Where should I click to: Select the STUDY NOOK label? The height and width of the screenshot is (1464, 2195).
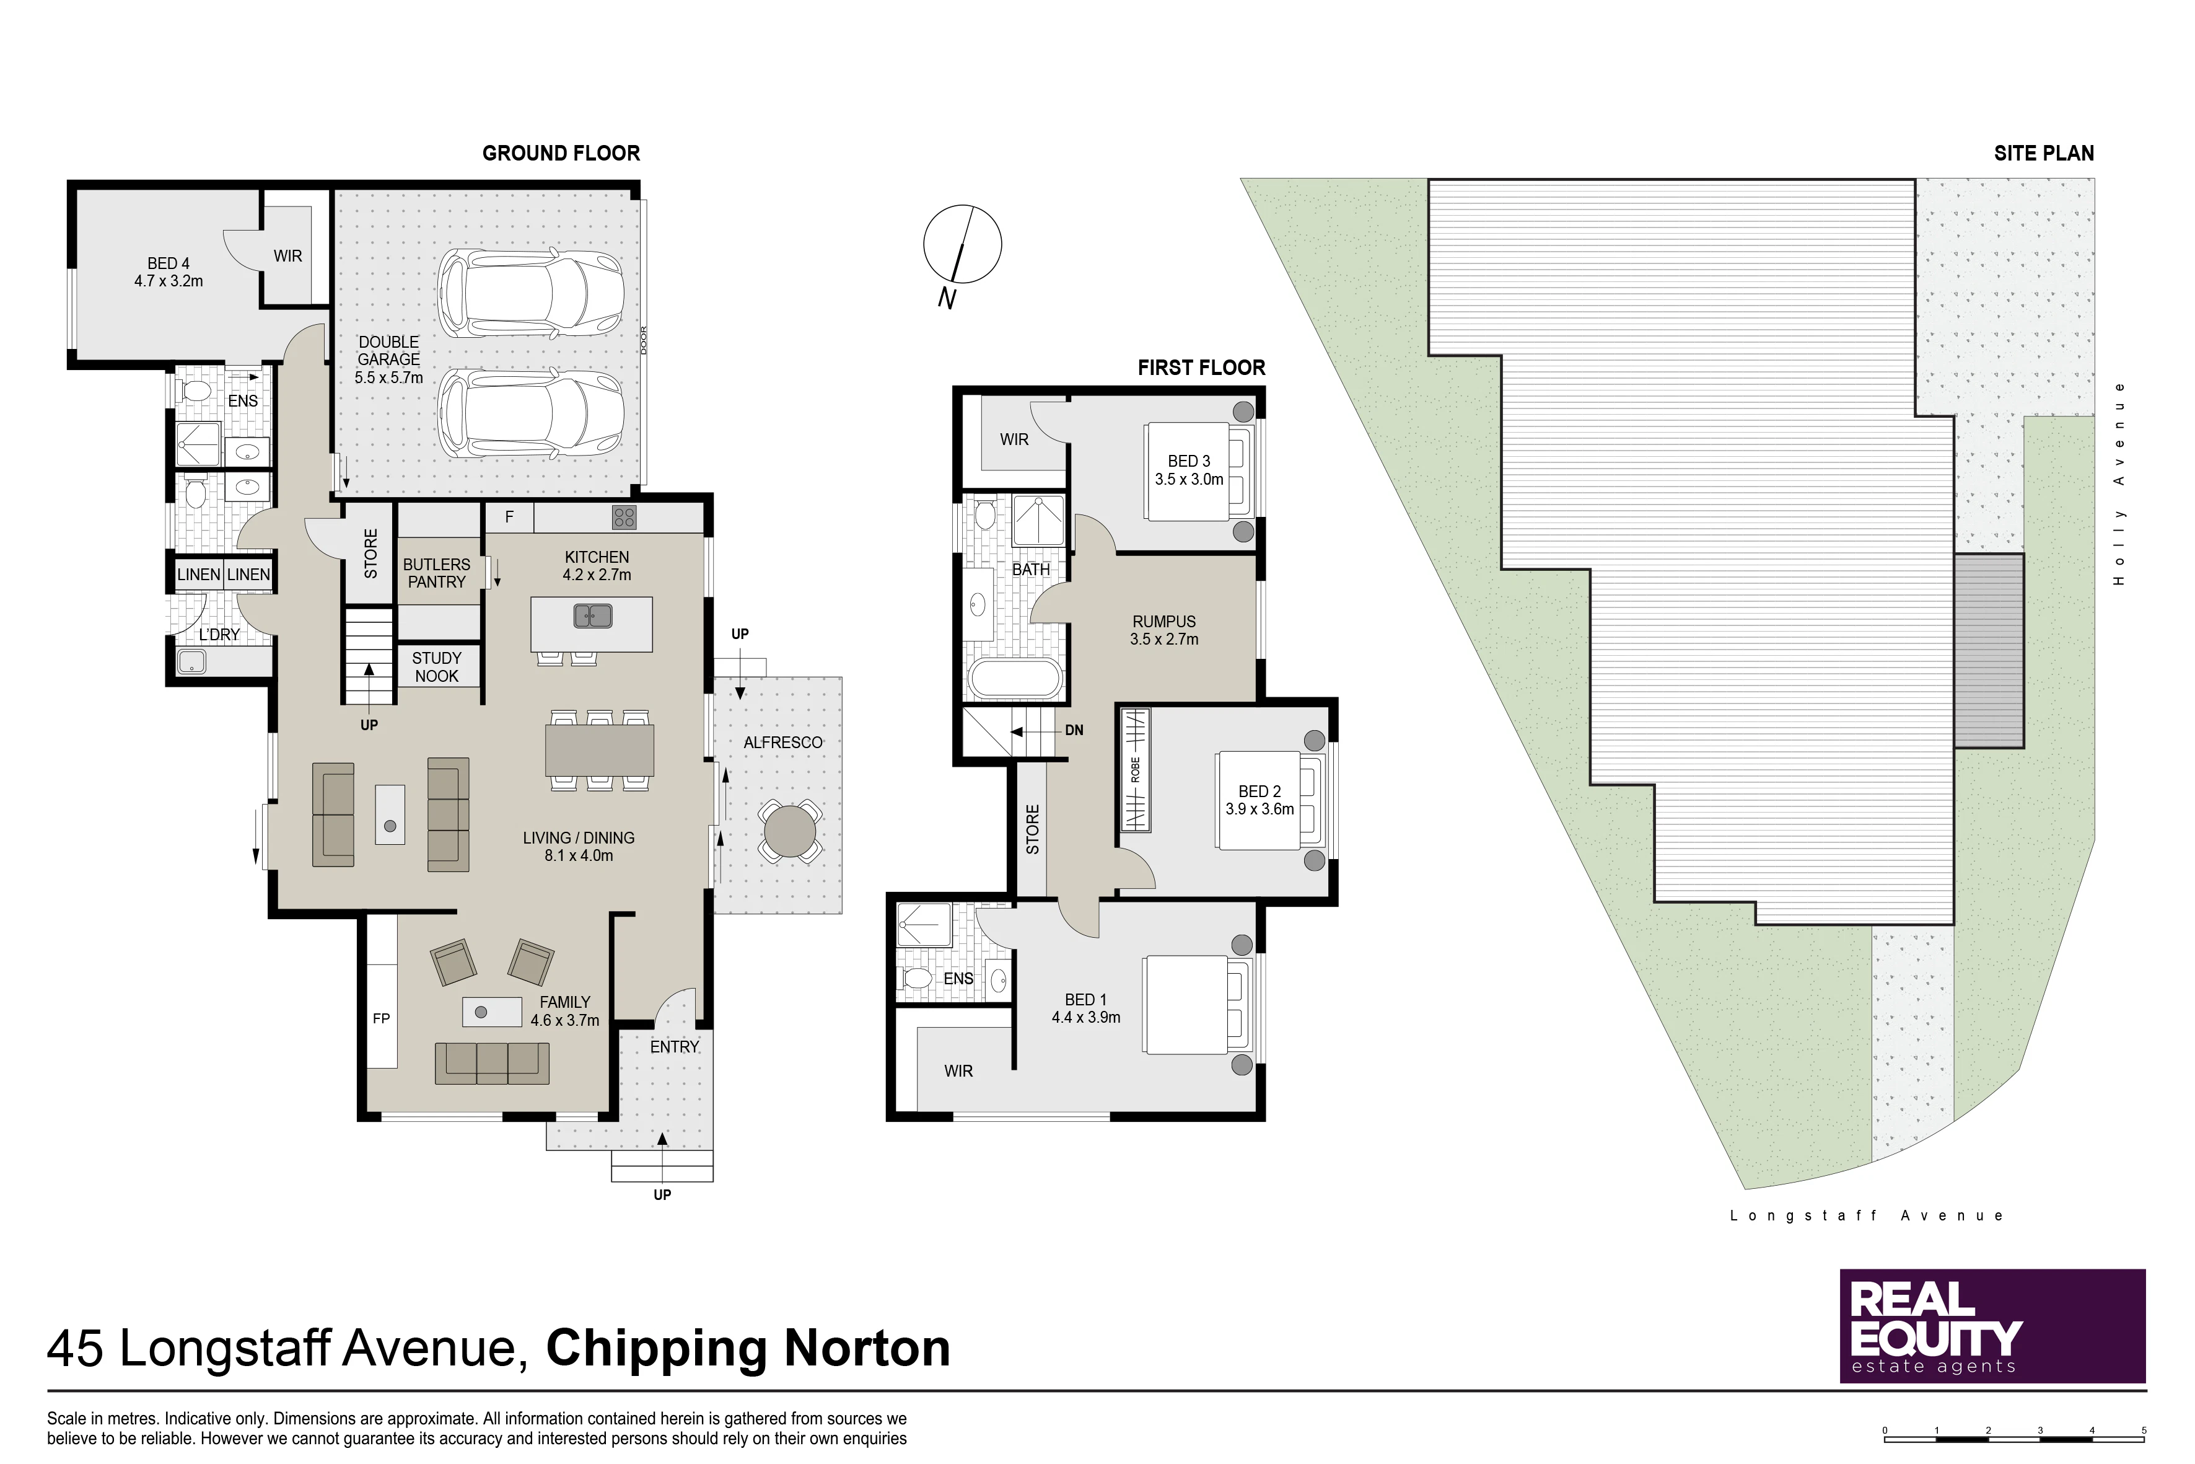437,667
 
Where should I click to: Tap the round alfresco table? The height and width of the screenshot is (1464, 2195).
789,830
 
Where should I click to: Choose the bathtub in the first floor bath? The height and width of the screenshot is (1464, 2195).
1015,679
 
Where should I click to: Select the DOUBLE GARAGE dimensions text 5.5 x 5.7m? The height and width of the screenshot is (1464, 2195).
388,377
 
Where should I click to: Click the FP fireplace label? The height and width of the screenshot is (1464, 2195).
381,1018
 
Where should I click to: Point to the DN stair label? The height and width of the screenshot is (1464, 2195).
1074,730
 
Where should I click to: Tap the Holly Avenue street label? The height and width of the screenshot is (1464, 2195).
2119,483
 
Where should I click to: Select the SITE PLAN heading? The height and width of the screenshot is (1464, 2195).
2044,153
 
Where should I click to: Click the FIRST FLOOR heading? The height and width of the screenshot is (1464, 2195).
1201,368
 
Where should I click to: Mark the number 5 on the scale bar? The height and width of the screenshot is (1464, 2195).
2144,1429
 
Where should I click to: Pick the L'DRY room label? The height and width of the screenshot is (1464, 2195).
219,634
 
